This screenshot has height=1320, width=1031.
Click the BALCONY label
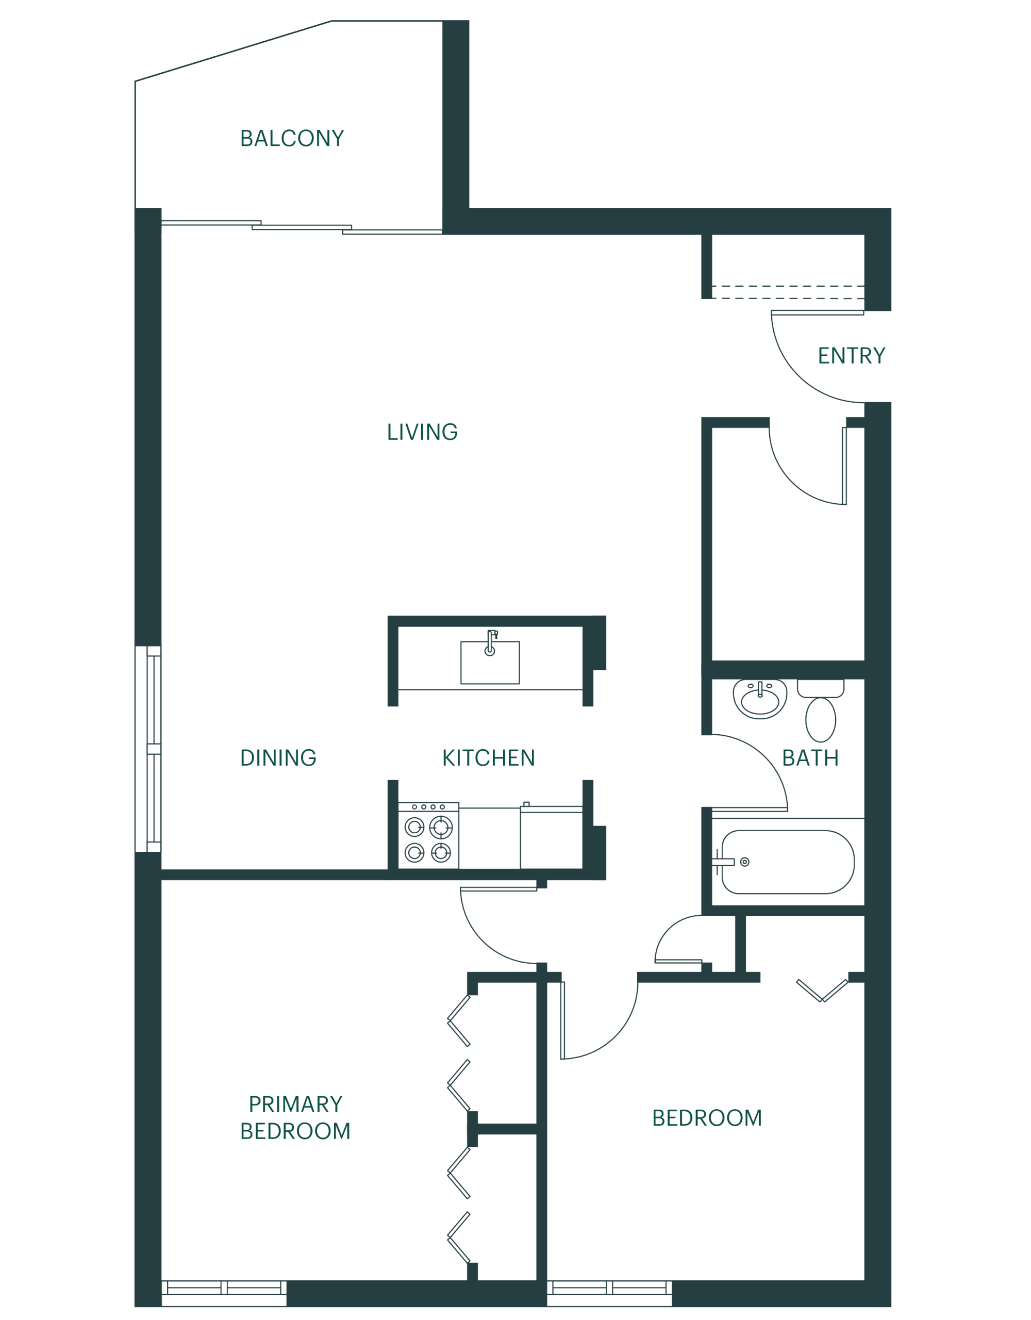coord(292,138)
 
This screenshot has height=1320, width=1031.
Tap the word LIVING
coord(422,432)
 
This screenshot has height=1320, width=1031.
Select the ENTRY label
coord(852,355)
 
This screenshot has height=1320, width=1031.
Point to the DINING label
coord(278,757)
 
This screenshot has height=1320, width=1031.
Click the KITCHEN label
coord(488,757)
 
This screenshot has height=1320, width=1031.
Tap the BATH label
coord(810,757)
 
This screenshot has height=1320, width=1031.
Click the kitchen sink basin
coord(490,663)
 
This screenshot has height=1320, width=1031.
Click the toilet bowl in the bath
coord(821,720)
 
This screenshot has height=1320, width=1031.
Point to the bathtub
coord(788,863)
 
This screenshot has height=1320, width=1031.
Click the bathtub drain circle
coord(744,863)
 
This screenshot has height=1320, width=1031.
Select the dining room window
coord(148,749)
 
